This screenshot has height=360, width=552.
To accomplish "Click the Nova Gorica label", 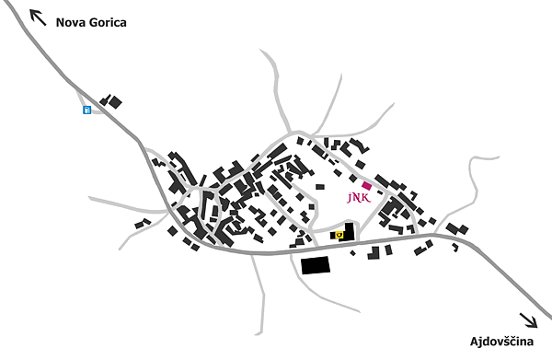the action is point(91,22).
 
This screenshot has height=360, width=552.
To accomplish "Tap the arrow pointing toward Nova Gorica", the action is point(38,17).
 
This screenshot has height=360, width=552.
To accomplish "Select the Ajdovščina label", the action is point(501,342).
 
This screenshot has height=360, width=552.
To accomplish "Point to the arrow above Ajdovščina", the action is point(529,320).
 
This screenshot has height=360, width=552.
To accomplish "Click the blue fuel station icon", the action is point(87,110).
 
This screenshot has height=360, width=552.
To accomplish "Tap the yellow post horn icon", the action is point(339,234).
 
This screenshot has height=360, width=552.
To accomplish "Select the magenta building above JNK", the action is point(366,186).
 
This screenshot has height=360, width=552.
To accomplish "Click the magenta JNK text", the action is point(359,198).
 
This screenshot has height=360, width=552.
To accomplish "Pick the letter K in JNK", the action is point(366,198).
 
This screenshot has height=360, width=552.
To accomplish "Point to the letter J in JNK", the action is point(350,198).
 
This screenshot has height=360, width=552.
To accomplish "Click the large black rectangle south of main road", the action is point(316,265).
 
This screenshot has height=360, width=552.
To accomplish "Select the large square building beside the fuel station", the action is point(116,103).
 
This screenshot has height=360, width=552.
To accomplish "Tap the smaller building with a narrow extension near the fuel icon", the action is point(105,100).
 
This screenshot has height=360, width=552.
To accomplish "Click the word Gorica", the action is point(108,22).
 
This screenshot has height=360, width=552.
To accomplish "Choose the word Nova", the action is point(71,22).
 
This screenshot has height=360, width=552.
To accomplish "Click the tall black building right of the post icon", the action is point(349,232).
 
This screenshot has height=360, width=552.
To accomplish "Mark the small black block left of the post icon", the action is point(332,235).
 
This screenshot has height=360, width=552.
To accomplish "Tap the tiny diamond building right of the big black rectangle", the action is point(352,253).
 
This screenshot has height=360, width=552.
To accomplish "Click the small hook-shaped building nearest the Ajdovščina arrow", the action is point(455,247).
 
